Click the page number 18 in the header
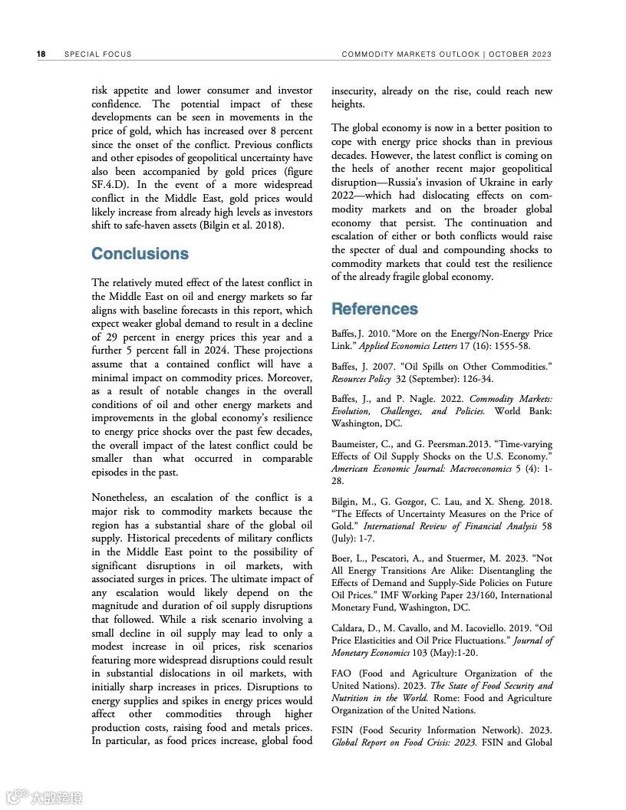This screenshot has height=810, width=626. pos(41,54)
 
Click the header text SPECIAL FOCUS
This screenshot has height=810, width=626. pos(97,54)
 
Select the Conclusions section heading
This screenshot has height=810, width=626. pos(140,254)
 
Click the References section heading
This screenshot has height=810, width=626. pos(374,309)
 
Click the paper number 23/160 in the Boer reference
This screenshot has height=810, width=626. pos(481,595)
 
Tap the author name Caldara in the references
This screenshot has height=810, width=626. pos(351,628)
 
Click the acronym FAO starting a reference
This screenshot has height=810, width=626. pos(342,673)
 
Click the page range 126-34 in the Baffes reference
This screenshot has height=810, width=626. pos(476,379)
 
